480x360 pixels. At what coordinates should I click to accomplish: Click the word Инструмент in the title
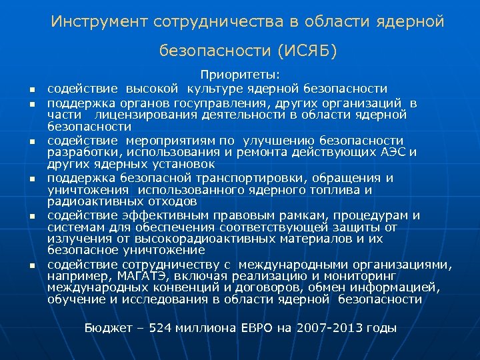coord(99,22)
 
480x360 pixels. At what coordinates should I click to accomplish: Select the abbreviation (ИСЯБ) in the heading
coord(308,51)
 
